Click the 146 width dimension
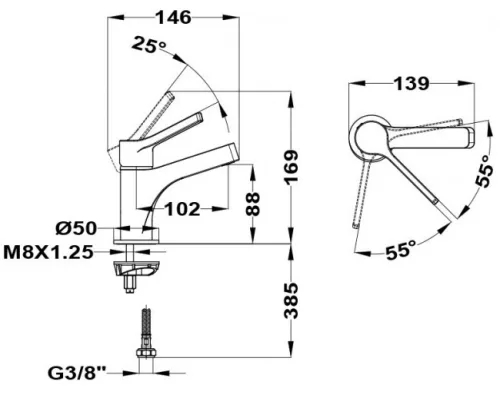tap(174, 17)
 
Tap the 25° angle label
tap(149, 45)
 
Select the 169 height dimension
tap(291, 166)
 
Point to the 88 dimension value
tap(253, 204)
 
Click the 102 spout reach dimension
tap(183, 209)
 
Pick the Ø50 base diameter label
tap(76, 229)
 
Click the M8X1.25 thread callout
tap(48, 252)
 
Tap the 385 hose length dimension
tap(291, 301)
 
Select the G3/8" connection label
tap(77, 373)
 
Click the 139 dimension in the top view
tap(411, 83)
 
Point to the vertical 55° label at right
tap(484, 171)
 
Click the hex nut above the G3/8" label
tap(146, 353)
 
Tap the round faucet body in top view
tap(370, 138)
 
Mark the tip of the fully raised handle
tap(171, 95)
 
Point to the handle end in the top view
tap(471, 137)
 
